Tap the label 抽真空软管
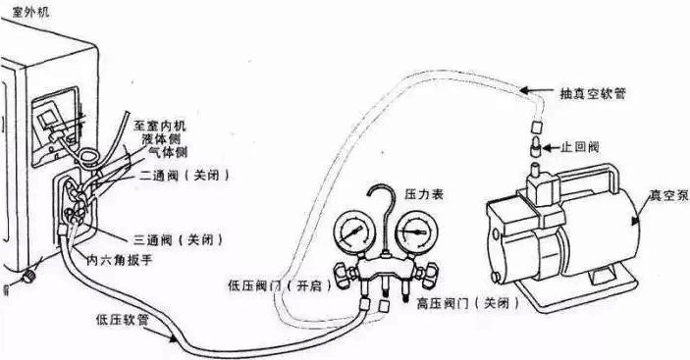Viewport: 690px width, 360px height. pyautogui.click(x=593, y=93)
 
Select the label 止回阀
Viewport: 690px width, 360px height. pyautogui.click(x=580, y=147)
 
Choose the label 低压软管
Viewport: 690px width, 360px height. pyautogui.click(x=123, y=320)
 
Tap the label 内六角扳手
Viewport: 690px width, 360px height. pyautogui.click(x=120, y=261)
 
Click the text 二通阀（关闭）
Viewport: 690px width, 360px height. pyautogui.click(x=186, y=176)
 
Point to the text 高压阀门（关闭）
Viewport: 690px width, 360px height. pyautogui.click(x=468, y=303)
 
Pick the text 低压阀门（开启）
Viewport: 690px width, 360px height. pyautogui.click(x=281, y=286)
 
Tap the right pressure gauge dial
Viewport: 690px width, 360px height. pyautogui.click(x=412, y=231)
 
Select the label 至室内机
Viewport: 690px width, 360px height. pyautogui.click(x=159, y=127)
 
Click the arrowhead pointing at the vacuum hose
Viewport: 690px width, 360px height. pyautogui.click(x=524, y=90)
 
